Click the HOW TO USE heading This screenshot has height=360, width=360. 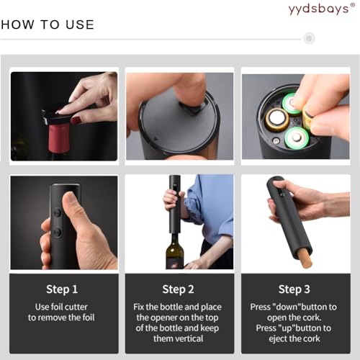tap(48, 24)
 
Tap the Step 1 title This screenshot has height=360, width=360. tap(62, 289)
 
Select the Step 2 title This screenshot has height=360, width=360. tap(178, 289)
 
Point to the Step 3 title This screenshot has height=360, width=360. tap(294, 289)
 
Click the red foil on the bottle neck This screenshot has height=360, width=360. tap(59, 138)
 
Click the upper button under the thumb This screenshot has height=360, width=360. tap(58, 212)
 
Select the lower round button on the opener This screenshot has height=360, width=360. tap(57, 232)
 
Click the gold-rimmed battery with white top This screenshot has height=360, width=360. tap(277, 120)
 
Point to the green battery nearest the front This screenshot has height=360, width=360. tap(296, 138)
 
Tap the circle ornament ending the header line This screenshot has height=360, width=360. tap(309, 38)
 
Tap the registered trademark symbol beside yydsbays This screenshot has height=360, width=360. tap(353, 5)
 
